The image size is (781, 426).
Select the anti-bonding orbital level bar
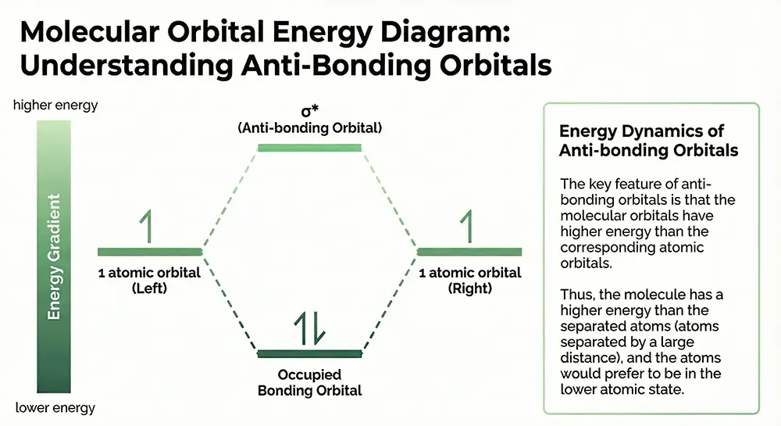[309, 147]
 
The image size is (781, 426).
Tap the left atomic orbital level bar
[150, 252]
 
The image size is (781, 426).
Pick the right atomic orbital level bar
[469, 252]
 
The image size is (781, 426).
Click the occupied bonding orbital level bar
[309, 353]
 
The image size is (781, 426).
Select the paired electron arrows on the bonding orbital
[309, 329]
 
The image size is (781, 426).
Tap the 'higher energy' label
[55, 105]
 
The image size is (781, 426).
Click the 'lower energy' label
[55, 407]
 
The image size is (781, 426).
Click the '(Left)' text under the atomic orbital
[149, 288]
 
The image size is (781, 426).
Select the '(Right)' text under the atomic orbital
[470, 288]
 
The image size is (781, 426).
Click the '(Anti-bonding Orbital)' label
[309, 127]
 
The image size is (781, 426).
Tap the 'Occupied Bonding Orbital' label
[309, 382]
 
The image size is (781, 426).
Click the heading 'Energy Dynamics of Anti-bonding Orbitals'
[649, 141]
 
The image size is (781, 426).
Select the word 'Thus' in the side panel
[575, 294]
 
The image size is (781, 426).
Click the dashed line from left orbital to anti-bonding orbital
[230, 199]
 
